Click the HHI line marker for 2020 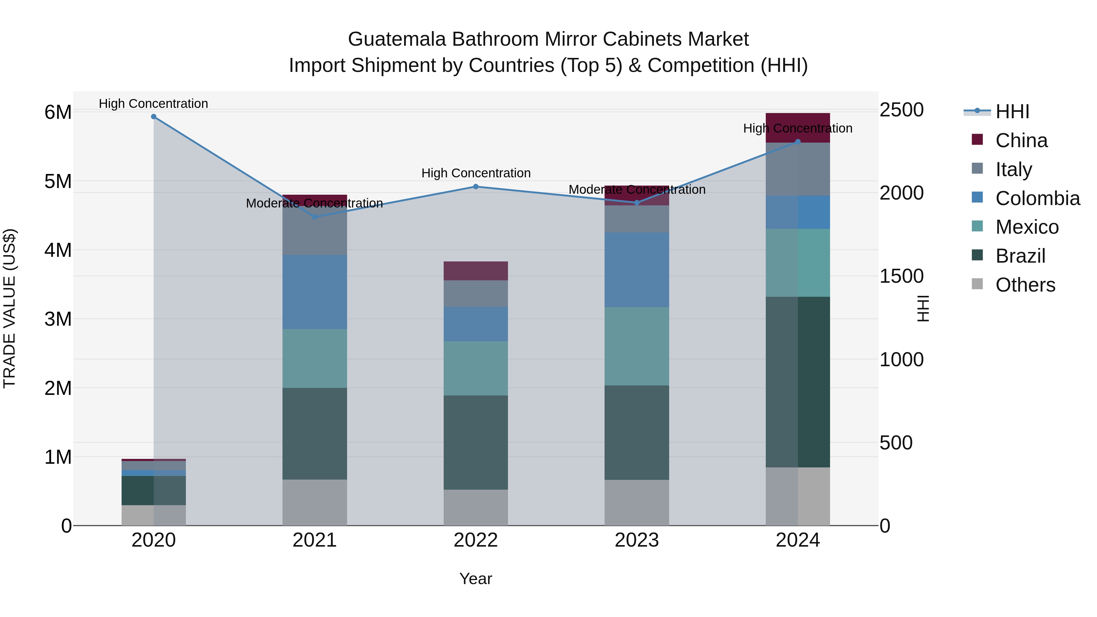coord(154,117)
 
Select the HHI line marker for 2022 coord(476,186)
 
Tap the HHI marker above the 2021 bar coord(315,217)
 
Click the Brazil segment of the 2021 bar coord(315,434)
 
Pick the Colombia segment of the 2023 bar coord(637,270)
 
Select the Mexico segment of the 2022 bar coord(476,368)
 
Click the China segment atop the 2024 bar coord(798,128)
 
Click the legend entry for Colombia coord(1037,198)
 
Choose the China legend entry coord(1021,140)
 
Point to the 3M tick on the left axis coord(58,319)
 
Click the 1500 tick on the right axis coord(901,276)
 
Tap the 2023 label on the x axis coord(637,540)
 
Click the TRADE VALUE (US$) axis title coord(9,308)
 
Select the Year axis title coord(476,579)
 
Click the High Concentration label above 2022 coord(476,173)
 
